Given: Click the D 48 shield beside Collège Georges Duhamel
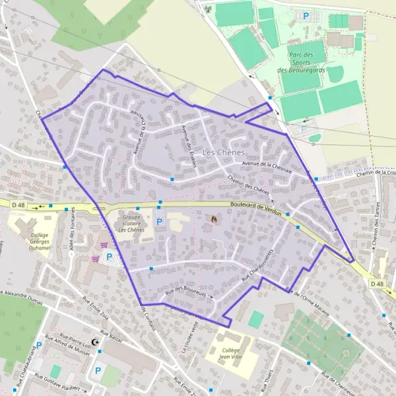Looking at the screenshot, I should click(18, 205).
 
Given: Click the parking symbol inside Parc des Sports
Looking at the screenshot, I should click(306, 15).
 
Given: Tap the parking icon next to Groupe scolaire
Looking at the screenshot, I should click(158, 222).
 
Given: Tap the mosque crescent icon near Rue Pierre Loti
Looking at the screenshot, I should click(98, 342).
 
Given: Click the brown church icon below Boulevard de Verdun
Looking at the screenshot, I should click(213, 218).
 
